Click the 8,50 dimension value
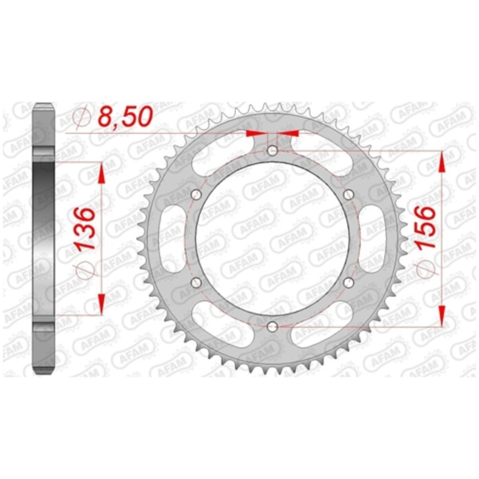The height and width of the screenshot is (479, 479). tap(125, 117)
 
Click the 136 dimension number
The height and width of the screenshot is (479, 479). tap(86, 229)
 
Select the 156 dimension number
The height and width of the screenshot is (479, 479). tap(426, 228)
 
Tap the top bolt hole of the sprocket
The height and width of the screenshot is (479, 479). tap(272, 150)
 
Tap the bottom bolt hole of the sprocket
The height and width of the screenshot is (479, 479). tap(272, 326)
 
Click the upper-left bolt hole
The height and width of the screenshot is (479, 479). tap(196, 194)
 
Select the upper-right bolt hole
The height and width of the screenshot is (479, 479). tap(349, 194)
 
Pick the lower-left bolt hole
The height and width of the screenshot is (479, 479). tap(196, 283)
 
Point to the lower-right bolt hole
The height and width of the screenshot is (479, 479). tap(349, 283)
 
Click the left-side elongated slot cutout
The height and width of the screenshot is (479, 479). tap(172, 239)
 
